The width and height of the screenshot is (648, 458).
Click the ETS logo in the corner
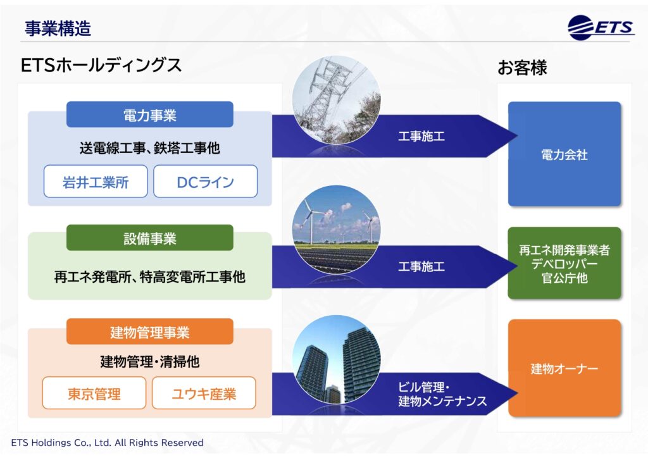tap(601, 28)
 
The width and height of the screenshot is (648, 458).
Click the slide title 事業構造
tap(58, 28)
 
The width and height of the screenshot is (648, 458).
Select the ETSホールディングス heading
tap(101, 65)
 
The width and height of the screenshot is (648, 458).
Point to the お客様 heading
tap(522, 67)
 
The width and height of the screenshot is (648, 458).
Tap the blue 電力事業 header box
tap(149, 114)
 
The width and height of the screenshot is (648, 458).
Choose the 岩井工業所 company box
tap(96, 182)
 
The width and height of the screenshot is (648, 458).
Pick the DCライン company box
tap(206, 182)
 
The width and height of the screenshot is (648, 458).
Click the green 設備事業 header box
tap(149, 238)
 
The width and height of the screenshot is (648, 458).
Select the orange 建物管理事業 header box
tap(149, 331)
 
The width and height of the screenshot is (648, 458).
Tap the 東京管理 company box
tap(94, 393)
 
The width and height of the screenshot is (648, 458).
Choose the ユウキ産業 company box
tap(204, 393)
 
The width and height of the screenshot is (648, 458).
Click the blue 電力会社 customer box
tap(564, 154)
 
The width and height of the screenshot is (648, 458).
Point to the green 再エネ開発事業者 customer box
tap(564, 263)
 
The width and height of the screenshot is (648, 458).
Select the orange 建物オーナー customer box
tap(564, 368)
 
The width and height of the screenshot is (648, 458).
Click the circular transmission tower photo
tap(337, 100)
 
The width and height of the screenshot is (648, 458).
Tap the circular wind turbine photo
tap(337, 230)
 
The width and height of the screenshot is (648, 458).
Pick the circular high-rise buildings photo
tap(337, 360)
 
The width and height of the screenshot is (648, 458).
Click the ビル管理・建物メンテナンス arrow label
tap(442, 394)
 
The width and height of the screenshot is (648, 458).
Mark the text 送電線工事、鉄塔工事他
tap(149, 147)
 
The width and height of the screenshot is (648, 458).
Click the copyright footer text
tap(108, 443)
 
